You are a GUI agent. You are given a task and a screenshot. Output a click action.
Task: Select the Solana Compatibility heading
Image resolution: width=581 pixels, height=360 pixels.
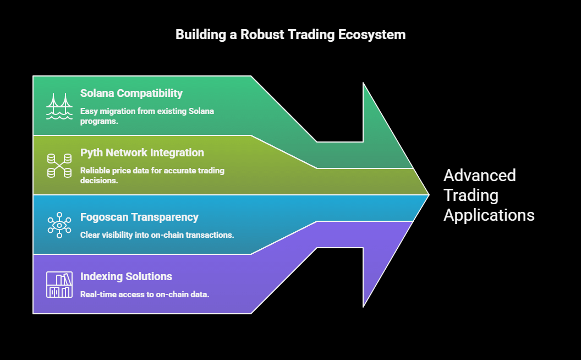131,93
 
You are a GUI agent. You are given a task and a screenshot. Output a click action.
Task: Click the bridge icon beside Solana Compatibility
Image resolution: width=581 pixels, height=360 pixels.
59,106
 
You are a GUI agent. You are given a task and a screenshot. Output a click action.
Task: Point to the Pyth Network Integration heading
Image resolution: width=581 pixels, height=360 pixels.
142,152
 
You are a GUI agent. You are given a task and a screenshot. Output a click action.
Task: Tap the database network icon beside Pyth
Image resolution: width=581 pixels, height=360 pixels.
59,166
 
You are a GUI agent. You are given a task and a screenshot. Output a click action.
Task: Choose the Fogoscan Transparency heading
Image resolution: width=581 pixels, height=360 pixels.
139,217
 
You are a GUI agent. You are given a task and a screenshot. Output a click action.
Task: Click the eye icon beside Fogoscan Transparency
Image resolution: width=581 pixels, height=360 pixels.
59,225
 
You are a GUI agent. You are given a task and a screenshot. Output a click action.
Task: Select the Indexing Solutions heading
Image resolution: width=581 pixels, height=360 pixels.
126,276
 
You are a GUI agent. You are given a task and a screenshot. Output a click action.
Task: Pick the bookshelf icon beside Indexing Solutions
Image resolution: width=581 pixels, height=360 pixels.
59,285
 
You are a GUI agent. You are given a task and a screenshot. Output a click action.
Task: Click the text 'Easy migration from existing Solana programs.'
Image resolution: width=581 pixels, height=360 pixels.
147,116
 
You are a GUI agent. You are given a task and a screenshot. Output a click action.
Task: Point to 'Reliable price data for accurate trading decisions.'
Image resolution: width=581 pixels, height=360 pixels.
152,175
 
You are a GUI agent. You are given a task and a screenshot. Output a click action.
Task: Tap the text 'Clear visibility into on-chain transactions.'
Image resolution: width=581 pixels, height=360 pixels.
157,234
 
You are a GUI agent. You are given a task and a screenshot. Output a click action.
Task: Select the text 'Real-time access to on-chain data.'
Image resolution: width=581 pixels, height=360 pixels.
144,294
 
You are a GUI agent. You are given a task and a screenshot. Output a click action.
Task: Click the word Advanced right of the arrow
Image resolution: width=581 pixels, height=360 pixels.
480,176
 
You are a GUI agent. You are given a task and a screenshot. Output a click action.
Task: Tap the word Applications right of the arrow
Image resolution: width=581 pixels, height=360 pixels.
489,215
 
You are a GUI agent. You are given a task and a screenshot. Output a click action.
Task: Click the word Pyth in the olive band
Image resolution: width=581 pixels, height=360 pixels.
92,152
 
